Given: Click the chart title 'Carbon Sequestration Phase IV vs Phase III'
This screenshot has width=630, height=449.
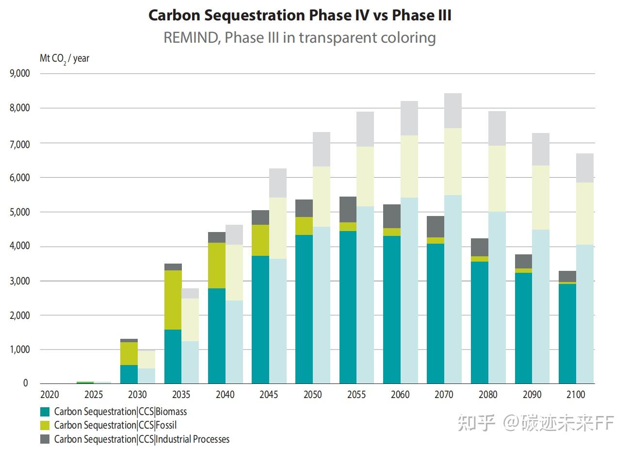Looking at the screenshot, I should click(x=300, y=15).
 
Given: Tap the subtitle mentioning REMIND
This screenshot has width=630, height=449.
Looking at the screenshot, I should click(x=300, y=37).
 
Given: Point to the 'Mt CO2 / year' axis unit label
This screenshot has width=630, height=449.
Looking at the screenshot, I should click(x=65, y=59).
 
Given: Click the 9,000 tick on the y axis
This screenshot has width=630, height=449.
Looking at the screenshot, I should click(x=20, y=73).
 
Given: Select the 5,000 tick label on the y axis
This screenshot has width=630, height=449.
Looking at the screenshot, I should click(x=20, y=212).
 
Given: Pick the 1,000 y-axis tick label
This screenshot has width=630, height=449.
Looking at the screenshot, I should click(x=20, y=349).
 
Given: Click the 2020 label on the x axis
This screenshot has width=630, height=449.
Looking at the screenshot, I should click(x=49, y=395).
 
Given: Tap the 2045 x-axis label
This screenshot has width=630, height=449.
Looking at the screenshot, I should click(x=269, y=395).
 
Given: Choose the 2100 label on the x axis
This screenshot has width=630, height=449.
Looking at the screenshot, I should click(x=576, y=395).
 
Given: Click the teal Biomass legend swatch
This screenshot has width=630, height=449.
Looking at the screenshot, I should click(x=45, y=412).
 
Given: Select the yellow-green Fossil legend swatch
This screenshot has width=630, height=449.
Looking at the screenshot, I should click(x=45, y=425).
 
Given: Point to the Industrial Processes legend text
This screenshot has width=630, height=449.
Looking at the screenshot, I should click(x=142, y=439).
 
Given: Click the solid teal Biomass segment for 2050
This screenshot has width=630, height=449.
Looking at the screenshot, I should click(x=304, y=309).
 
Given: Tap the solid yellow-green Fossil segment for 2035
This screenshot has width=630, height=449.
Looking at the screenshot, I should click(x=173, y=300).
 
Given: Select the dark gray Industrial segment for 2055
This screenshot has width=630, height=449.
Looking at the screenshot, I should click(x=348, y=209).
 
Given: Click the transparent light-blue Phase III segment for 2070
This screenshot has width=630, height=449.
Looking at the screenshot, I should click(x=453, y=289).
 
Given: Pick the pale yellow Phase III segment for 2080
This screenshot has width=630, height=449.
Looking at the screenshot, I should click(x=497, y=179).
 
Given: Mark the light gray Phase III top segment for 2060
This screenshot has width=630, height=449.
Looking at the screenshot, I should click(x=409, y=118).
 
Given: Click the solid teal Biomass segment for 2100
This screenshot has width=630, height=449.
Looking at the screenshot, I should click(x=567, y=333).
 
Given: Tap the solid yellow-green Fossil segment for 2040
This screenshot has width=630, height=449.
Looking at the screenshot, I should click(x=216, y=266).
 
